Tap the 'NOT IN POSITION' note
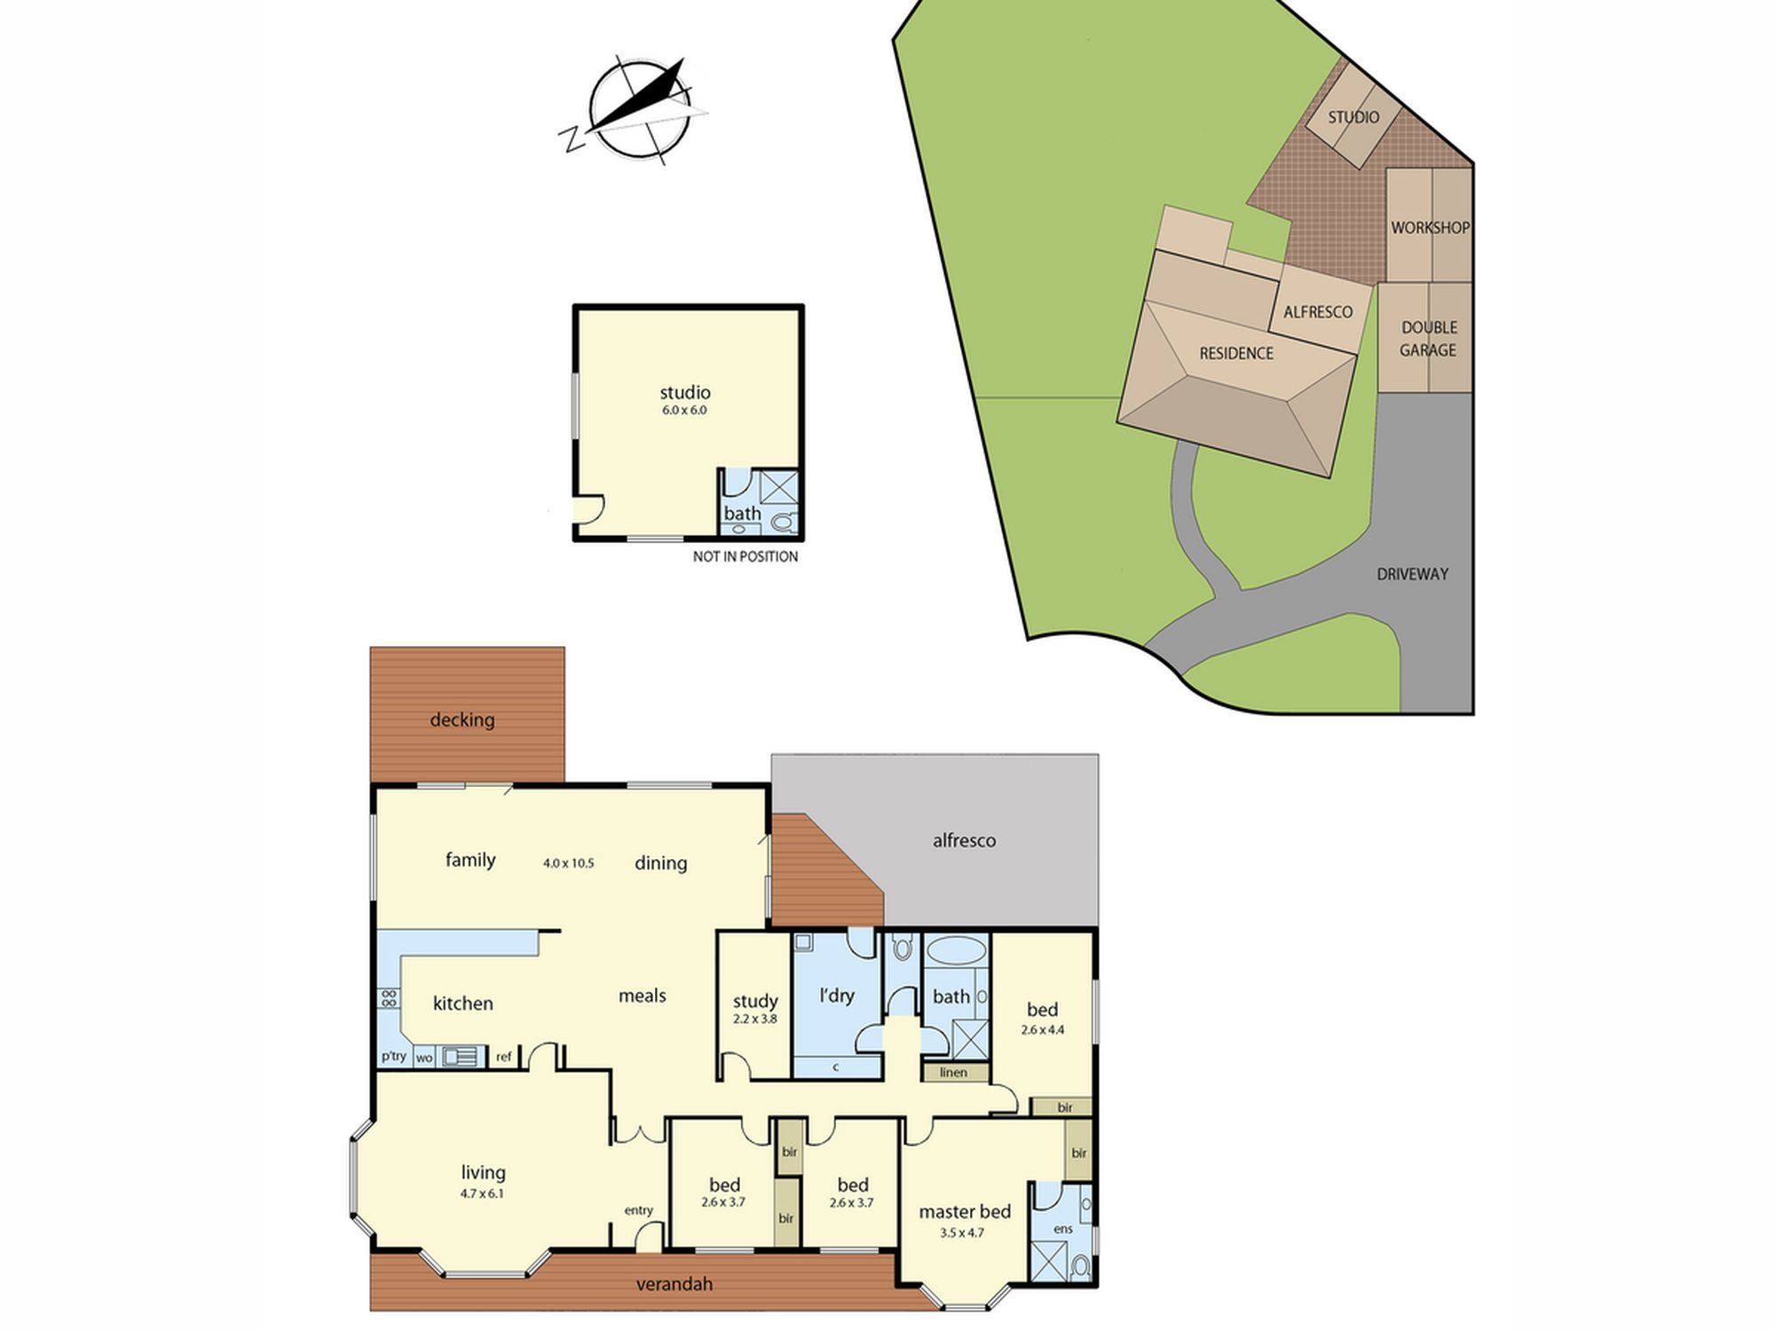point(745,556)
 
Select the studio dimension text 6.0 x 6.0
point(684,410)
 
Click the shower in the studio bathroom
point(779,489)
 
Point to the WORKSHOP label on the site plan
point(1430,227)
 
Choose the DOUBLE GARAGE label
point(1428,338)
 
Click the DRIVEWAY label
point(1412,574)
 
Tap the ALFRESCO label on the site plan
point(1318,311)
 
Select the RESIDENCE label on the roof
point(1236,353)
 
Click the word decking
point(462,720)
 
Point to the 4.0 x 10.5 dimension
point(569,862)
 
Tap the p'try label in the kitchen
point(393,1056)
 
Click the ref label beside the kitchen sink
point(504,1057)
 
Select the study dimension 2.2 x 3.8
point(755,1019)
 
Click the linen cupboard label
point(953,1072)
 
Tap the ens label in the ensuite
point(1063,1229)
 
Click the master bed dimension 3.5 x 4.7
point(962,1233)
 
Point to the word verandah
point(674,1284)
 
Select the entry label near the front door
point(638,1210)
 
